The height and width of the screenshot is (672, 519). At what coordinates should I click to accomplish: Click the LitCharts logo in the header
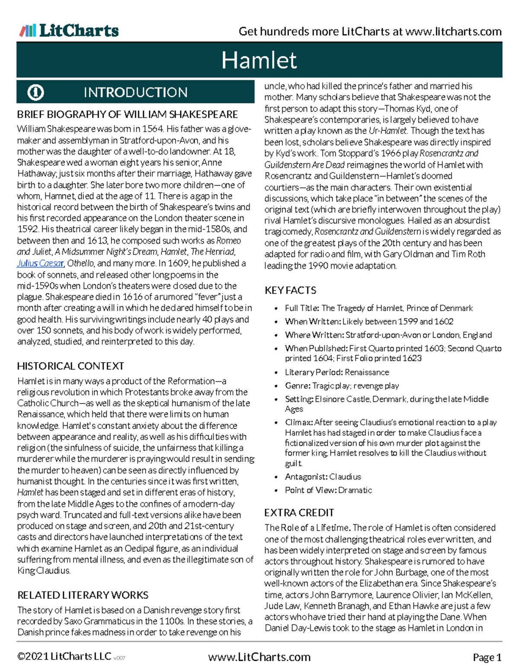(69, 31)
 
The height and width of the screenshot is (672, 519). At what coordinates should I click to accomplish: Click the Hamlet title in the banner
(259, 60)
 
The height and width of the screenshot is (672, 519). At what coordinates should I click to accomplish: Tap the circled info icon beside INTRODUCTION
(35, 92)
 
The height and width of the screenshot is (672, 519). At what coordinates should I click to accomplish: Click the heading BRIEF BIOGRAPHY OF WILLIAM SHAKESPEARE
(127, 114)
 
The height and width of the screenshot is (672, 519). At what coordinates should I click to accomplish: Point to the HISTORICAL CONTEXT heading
(70, 366)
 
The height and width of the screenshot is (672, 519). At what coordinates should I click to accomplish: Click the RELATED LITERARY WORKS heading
(83, 595)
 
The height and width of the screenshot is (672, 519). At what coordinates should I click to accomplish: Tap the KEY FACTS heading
(290, 290)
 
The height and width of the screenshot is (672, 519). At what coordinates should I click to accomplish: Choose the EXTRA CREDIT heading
(299, 513)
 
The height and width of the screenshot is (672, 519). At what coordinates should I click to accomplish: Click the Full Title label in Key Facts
(302, 308)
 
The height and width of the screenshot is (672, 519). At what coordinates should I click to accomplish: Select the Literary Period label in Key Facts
(314, 372)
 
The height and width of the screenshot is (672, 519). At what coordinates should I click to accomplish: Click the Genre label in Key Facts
(298, 386)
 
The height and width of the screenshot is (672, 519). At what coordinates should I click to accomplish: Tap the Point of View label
(311, 490)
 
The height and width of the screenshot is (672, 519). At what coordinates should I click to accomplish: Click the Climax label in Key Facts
(299, 422)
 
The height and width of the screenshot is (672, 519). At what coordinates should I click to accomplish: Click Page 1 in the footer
(487, 658)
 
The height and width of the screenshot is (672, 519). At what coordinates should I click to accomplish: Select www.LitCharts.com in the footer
(259, 657)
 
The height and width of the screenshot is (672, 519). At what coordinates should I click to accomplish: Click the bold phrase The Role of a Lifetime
(307, 528)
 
